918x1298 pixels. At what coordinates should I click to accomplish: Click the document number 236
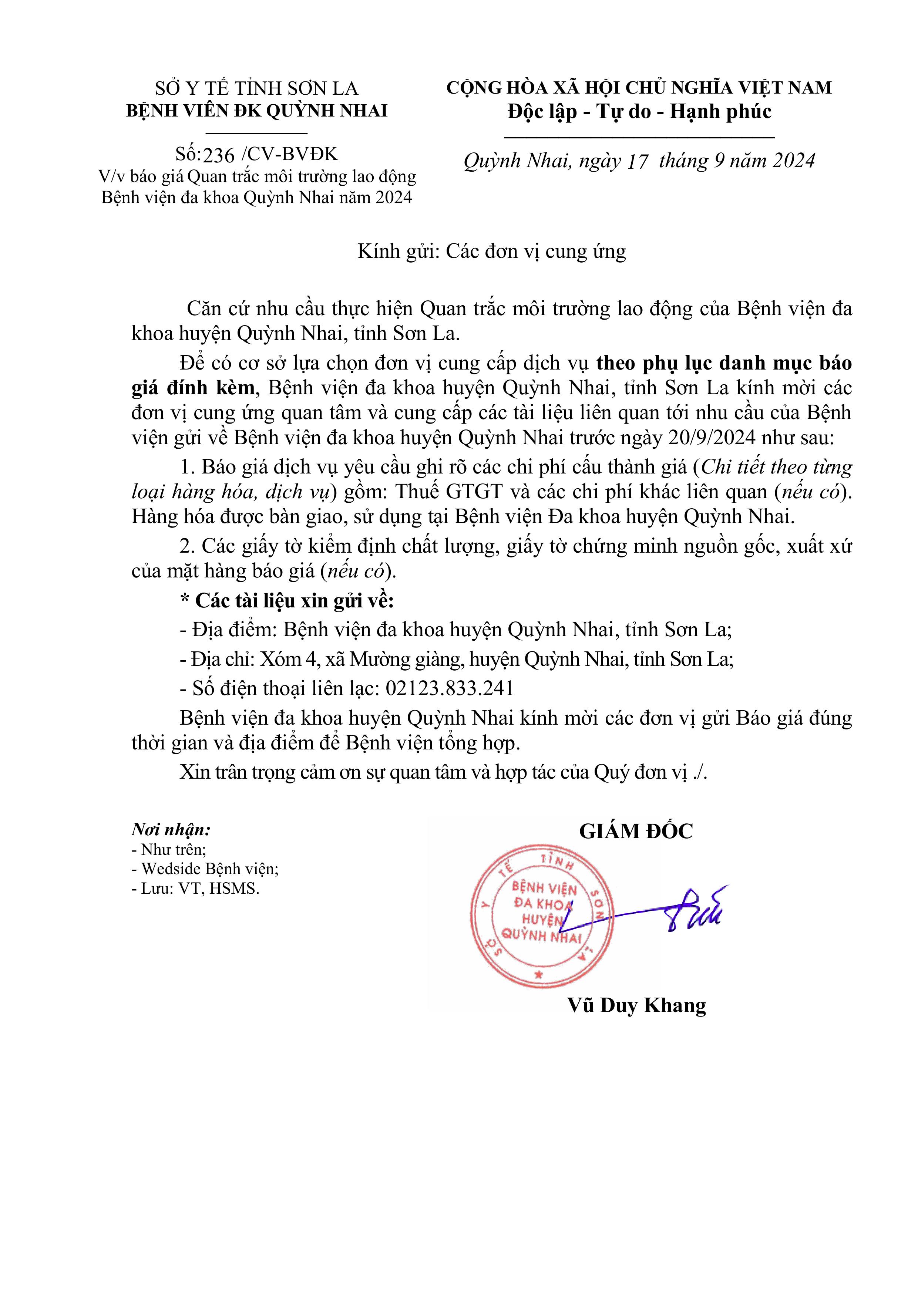click(x=219, y=154)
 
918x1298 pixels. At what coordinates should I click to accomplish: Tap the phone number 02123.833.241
click(x=450, y=688)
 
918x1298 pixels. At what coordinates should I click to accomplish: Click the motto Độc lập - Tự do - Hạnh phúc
click(x=639, y=111)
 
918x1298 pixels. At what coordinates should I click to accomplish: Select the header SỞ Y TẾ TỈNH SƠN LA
click(x=257, y=88)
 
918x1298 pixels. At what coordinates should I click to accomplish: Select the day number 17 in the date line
click(x=636, y=162)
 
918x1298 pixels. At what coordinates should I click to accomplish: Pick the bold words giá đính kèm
click(x=193, y=388)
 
